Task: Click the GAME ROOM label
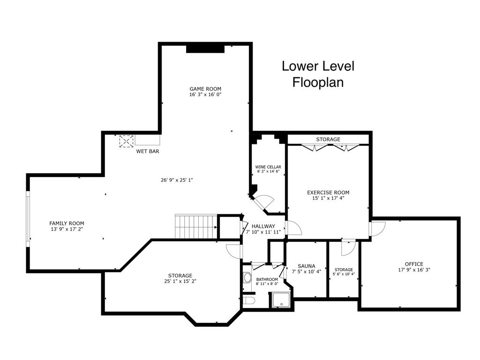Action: (205, 89)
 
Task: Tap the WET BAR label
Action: (148, 151)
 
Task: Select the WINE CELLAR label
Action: (268, 167)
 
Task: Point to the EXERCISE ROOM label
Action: (328, 193)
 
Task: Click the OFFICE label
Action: (414, 264)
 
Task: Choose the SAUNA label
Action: (307, 266)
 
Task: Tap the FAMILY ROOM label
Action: (67, 224)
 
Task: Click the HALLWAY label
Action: (263, 226)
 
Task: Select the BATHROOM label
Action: (267, 279)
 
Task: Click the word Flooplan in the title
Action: (318, 82)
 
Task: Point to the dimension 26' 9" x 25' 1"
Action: (177, 180)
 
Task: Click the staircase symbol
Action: (196, 226)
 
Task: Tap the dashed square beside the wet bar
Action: (127, 142)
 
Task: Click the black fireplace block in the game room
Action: (205, 49)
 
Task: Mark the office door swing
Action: (377, 229)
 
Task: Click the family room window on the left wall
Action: (28, 218)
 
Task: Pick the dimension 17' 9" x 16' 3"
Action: (414, 270)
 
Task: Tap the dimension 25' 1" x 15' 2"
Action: (180, 281)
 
